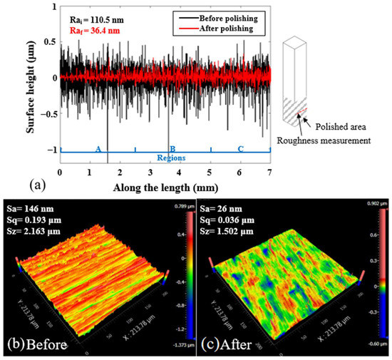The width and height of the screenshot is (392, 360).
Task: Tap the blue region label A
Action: [98, 148]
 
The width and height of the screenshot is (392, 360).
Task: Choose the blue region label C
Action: [240, 148]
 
